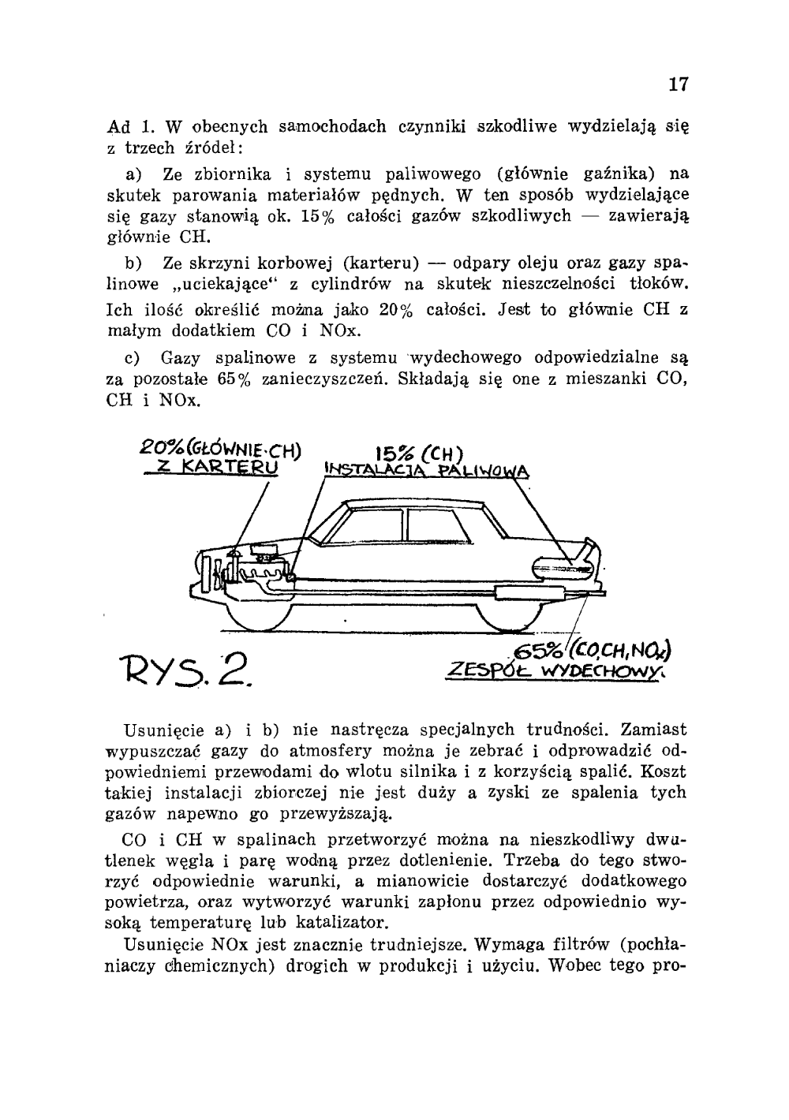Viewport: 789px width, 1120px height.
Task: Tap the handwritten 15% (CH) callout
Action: (x=418, y=454)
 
